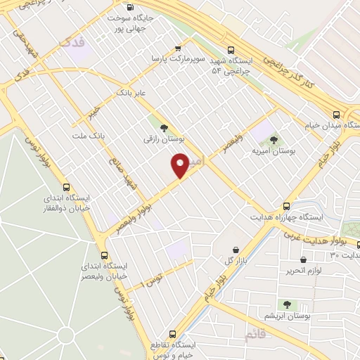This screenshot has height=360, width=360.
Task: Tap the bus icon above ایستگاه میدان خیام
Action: pyautogui.click(x=337, y=114)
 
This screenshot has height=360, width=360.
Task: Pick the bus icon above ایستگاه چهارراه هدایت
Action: pyautogui.click(x=286, y=206)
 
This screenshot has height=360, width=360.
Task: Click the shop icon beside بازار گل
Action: pyautogui.click(x=235, y=250)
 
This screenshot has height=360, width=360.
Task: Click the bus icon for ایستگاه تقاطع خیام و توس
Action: pyautogui.click(x=172, y=335)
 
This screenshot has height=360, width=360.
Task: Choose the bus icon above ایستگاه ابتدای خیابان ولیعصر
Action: pyautogui.click(x=104, y=255)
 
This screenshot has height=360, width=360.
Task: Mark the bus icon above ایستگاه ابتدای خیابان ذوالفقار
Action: pyautogui.click(x=67, y=187)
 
